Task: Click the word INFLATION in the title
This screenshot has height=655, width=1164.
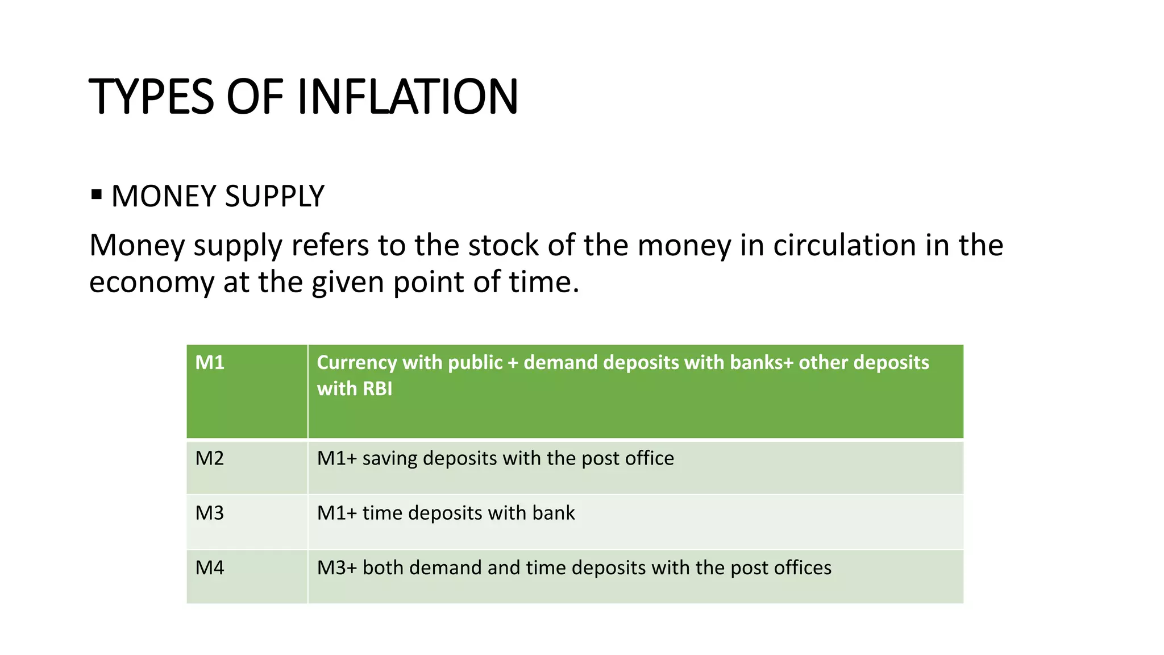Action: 408,97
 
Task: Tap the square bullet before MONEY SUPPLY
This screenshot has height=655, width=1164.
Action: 97,195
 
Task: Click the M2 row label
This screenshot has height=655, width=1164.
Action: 210,458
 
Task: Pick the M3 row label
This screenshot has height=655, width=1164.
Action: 210,513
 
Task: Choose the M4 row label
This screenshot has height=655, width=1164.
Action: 210,567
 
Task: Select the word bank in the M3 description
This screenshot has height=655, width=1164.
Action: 553,513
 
